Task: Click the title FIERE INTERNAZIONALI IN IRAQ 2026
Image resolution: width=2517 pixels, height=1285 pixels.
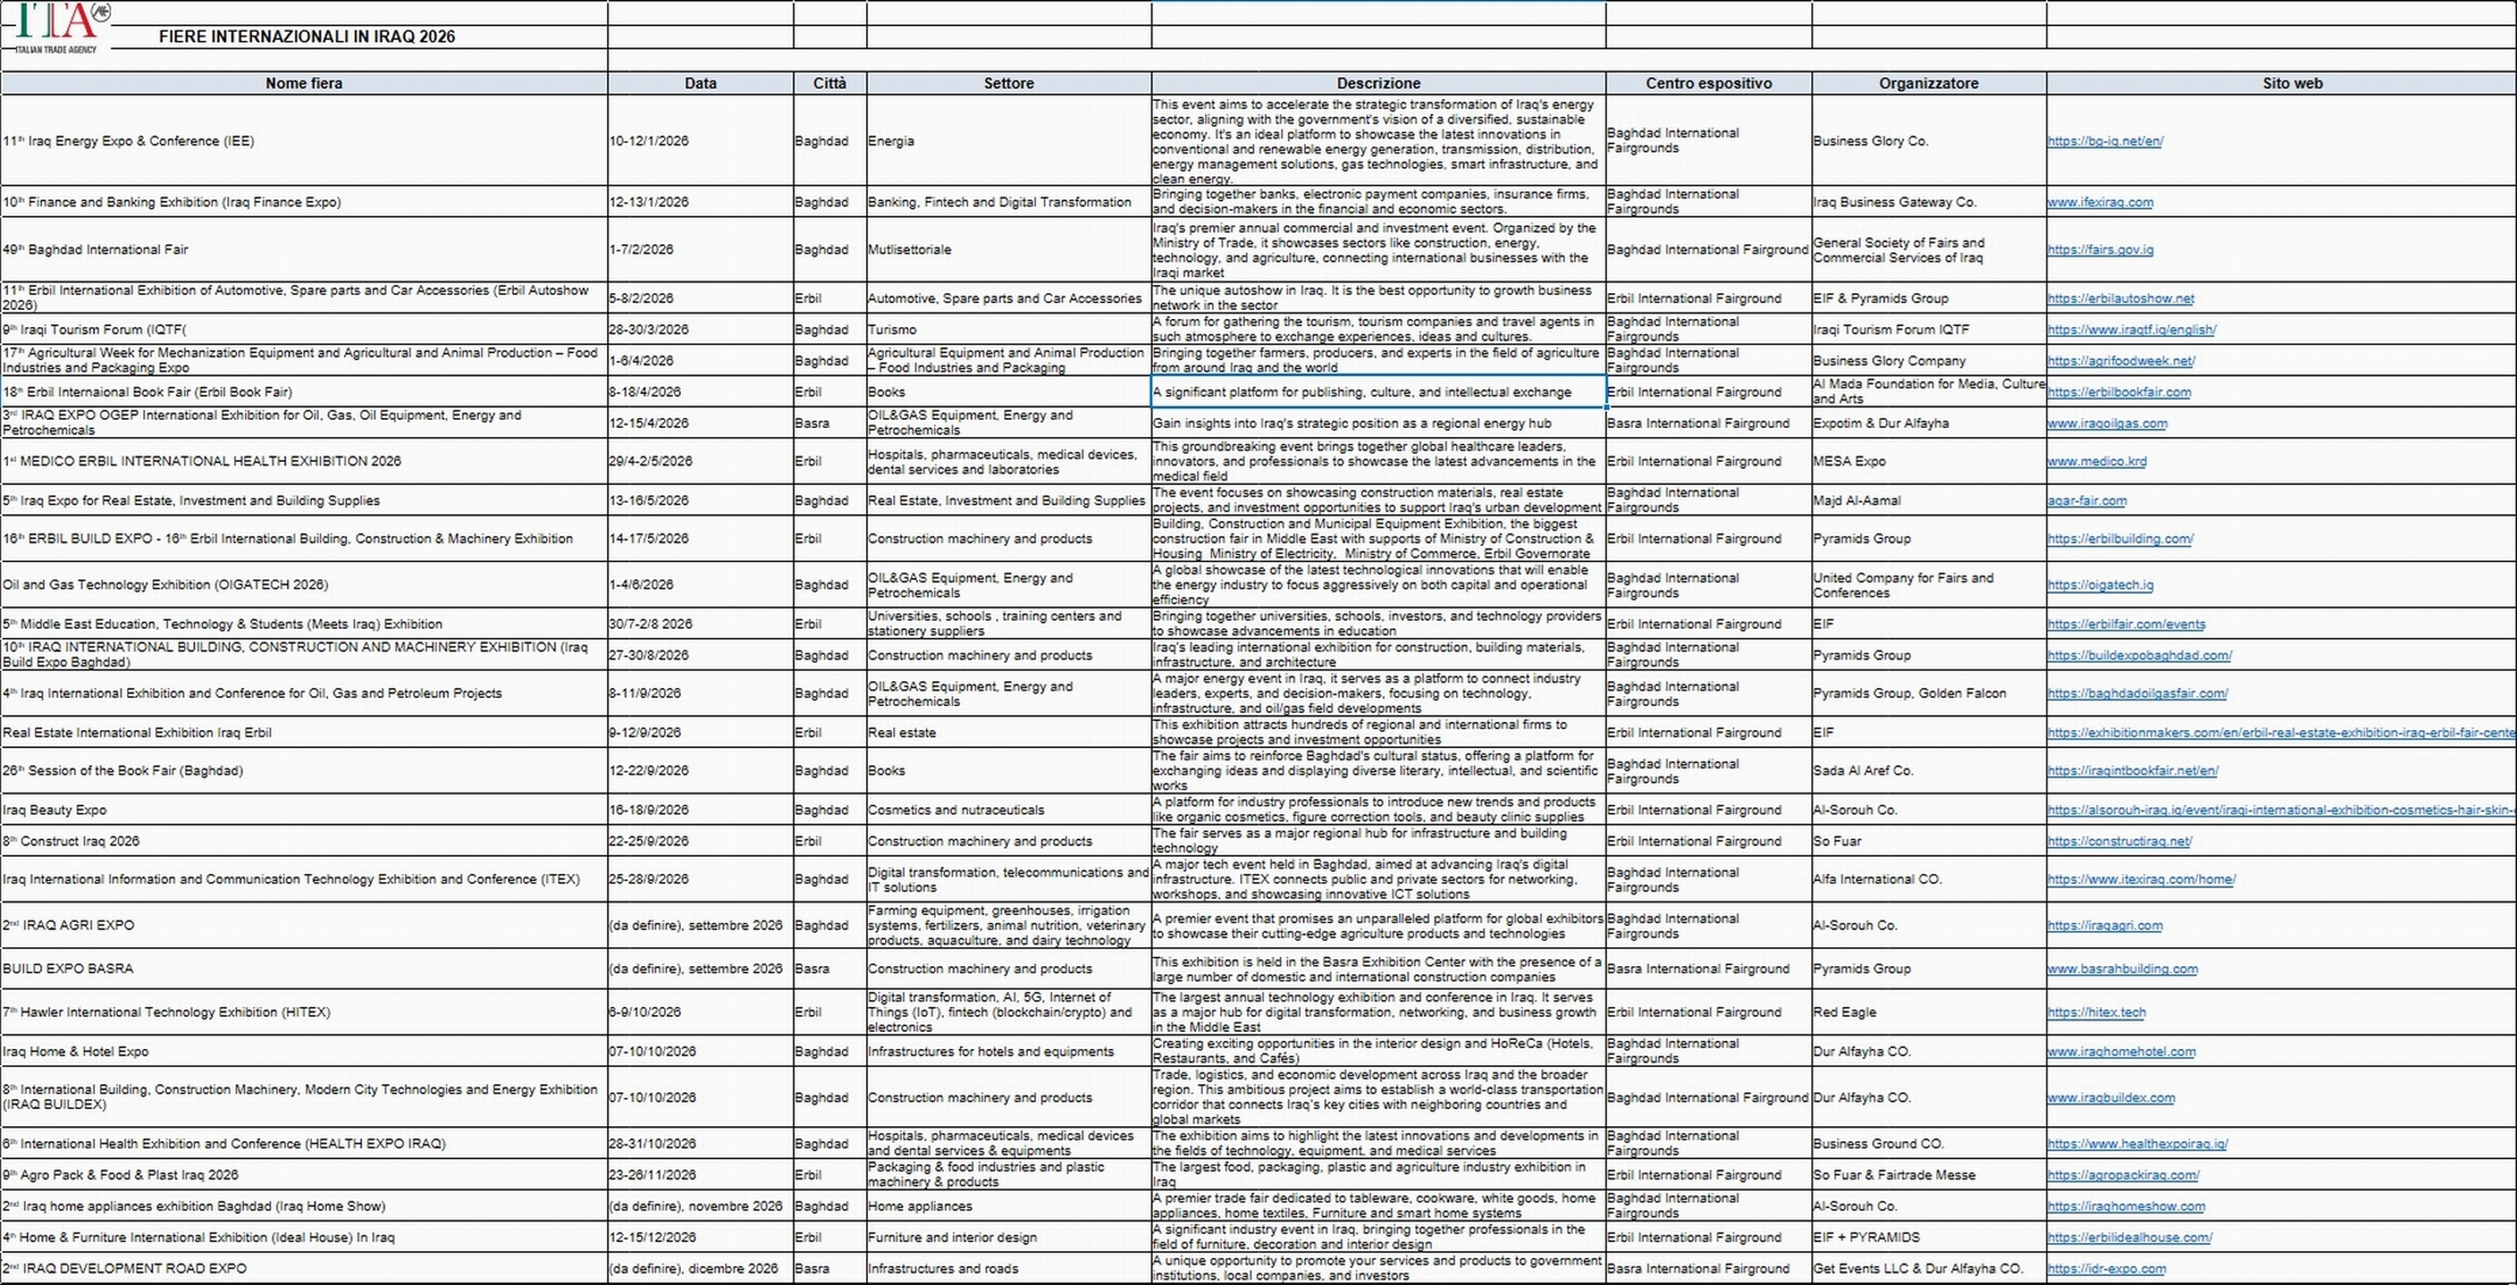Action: coord(307,36)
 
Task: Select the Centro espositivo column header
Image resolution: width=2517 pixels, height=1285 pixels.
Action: coord(1708,83)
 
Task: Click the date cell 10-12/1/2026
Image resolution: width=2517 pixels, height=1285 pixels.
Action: coord(649,141)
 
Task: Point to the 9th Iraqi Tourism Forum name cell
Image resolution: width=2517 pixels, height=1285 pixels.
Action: coord(95,329)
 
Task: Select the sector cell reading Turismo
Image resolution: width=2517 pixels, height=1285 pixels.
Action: coord(892,329)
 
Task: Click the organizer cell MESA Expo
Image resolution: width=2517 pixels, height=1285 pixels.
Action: coord(1849,461)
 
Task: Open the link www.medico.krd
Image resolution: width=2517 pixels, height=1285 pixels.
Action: coord(2097,461)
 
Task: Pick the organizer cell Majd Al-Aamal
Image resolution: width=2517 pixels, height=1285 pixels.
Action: coord(1857,500)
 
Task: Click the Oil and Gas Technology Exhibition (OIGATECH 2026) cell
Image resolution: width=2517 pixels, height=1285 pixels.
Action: coord(165,585)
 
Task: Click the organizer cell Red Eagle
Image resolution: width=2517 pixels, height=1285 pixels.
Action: coord(1845,1013)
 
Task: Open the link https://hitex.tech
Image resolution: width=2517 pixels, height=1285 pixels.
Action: coord(2096,1013)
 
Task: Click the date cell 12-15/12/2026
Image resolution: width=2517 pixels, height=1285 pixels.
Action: coord(653,1237)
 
